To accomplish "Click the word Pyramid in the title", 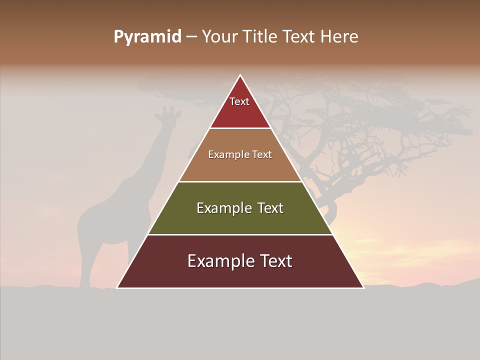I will tap(147, 37).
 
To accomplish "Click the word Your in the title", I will tap(219, 37).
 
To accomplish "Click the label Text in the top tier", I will tap(239, 101).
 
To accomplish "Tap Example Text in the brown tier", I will tap(240, 154).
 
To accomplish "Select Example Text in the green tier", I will tap(240, 208).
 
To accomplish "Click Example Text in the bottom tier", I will tap(240, 261).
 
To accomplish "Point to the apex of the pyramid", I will tap(240, 76).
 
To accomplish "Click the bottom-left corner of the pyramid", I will tap(118, 287).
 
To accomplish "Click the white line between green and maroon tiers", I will tap(240, 234).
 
